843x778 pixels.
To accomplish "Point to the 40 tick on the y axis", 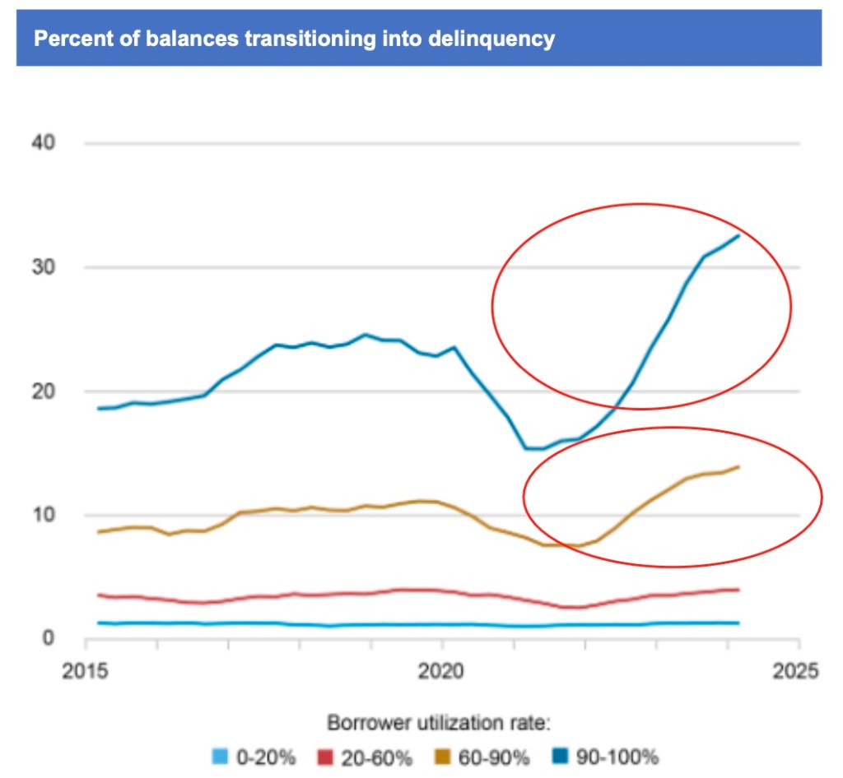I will tap(43, 143).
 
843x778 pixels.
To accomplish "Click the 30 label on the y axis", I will tap(43, 267).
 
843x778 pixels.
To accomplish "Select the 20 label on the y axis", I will tap(43, 391).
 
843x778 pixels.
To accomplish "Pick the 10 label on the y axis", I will tap(43, 515).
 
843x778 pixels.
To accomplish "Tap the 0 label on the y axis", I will tap(49, 638).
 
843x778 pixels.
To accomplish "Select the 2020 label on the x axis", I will tap(442, 670).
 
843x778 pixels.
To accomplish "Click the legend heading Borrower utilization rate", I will tap(438, 724).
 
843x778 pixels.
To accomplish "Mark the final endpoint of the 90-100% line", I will tap(738, 236).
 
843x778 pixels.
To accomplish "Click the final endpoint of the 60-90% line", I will tap(738, 466).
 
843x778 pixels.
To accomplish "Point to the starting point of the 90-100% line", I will tap(98, 408).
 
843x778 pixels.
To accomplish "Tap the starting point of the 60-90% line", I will tap(98, 532).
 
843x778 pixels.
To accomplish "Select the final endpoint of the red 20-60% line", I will tap(738, 590).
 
